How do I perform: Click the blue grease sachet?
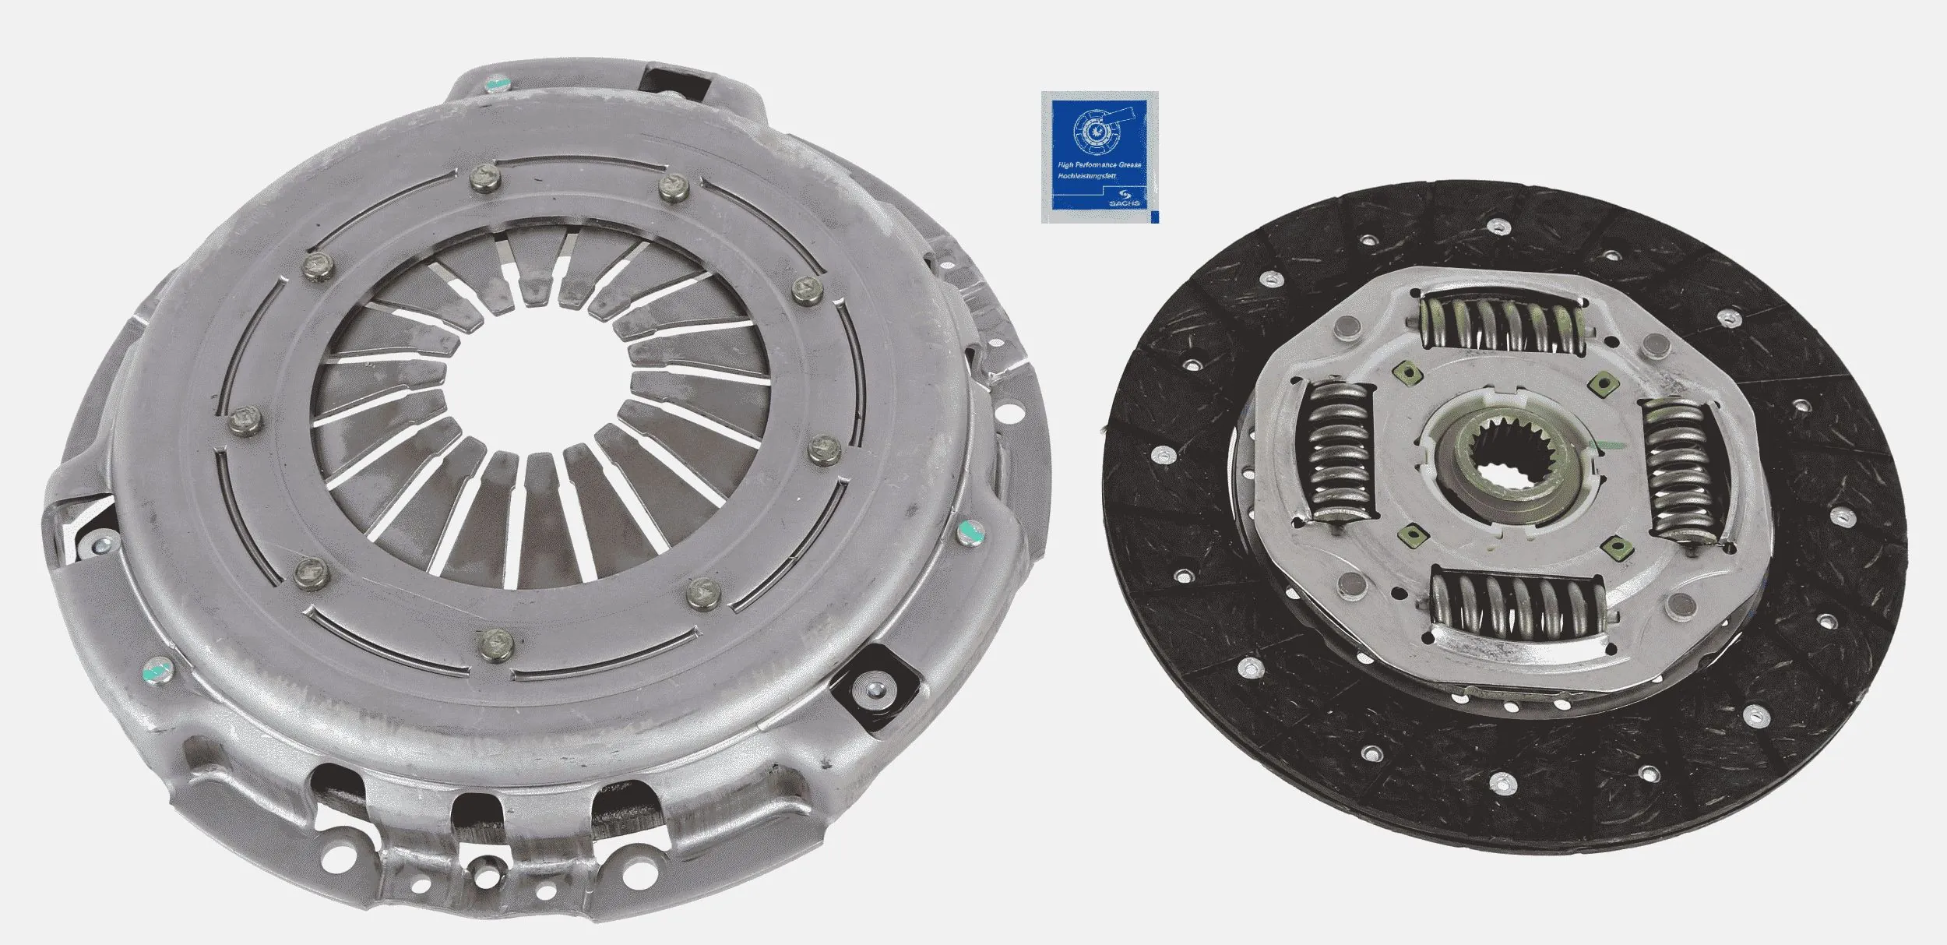pyautogui.click(x=1100, y=157)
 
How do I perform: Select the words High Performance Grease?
pyautogui.click(x=1097, y=165)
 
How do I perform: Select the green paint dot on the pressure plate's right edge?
pyautogui.click(x=969, y=531)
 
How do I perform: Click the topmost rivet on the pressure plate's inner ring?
pyautogui.click(x=484, y=180)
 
